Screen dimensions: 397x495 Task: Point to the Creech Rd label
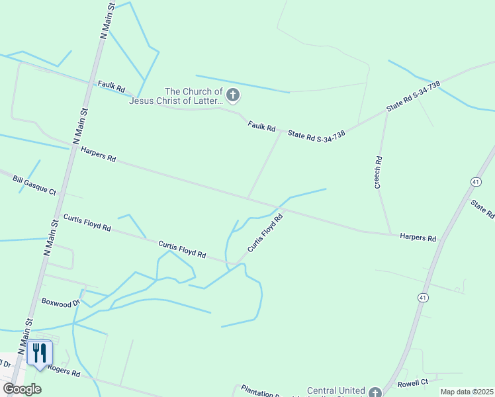pyautogui.click(x=379, y=173)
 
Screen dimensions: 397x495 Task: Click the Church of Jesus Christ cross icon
pyautogui.click(x=232, y=96)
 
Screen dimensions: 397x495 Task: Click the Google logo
pyautogui.click(x=22, y=390)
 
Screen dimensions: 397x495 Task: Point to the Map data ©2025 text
pyautogui.click(x=466, y=392)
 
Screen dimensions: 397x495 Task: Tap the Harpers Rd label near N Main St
pyautogui.click(x=98, y=154)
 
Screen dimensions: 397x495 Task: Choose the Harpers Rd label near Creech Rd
pyautogui.click(x=418, y=237)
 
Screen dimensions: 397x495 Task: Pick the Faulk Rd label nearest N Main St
pyautogui.click(x=111, y=87)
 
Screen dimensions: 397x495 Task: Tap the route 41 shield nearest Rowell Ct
pyautogui.click(x=422, y=298)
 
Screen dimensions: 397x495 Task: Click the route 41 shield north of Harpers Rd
pyautogui.click(x=476, y=181)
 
